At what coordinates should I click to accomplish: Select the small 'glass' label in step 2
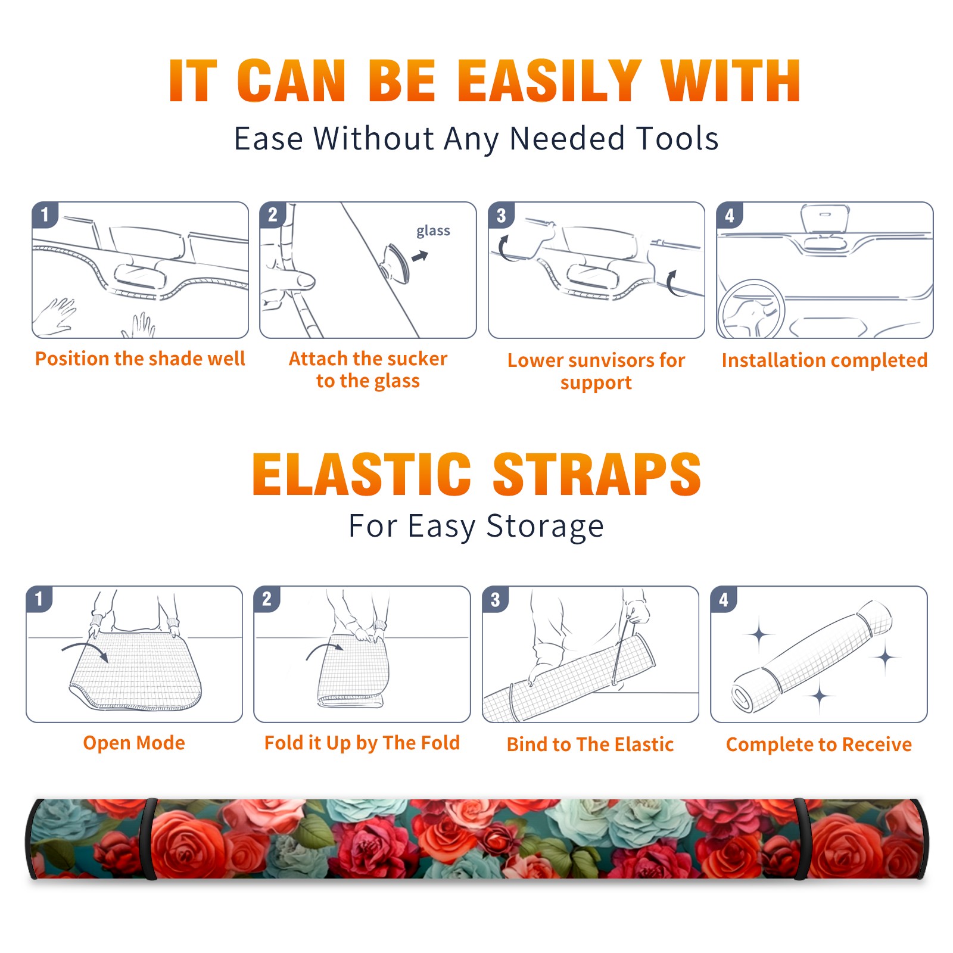433,231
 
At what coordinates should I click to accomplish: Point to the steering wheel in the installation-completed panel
751,310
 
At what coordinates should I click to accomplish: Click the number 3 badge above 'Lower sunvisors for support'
501,215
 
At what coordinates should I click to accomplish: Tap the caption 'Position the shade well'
140,359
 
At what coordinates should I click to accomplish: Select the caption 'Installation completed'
824,360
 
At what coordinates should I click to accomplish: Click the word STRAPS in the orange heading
597,474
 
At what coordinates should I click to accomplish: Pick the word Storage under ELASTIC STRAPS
545,527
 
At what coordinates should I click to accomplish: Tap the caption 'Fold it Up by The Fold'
362,743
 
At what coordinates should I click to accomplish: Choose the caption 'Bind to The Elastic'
590,745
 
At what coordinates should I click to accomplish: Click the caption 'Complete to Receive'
819,745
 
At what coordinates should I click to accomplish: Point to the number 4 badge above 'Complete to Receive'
724,599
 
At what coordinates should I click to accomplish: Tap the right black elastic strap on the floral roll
801,839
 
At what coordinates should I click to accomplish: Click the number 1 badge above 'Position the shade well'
45,214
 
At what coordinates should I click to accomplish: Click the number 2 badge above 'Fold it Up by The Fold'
267,599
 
